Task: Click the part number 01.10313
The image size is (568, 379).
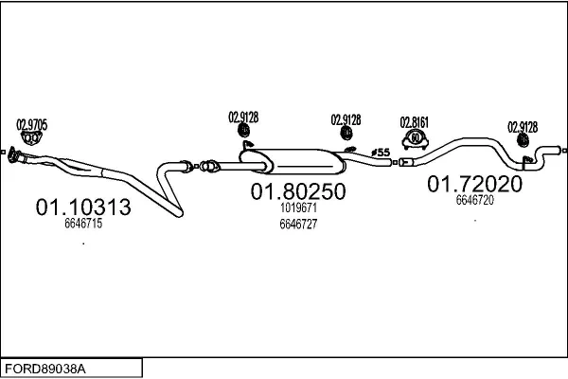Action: point(83,208)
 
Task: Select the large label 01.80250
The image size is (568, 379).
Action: point(298,191)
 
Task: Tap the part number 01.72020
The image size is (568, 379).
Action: point(474,184)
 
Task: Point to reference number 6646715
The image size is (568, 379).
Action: point(83,224)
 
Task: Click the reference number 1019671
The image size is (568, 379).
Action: point(298,208)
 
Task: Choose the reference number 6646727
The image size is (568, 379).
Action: point(298,225)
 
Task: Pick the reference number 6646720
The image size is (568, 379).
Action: point(474,200)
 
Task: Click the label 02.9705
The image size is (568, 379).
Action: point(32,125)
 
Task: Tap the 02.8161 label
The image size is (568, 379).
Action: point(415,122)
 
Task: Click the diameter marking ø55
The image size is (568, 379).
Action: point(381,153)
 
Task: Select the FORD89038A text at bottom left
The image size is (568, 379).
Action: point(45,370)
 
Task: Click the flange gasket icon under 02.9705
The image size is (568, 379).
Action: point(31,138)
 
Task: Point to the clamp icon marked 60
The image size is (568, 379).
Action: point(416,140)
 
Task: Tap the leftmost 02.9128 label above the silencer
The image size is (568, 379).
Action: point(243,117)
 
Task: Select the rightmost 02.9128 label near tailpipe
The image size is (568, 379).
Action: point(523,127)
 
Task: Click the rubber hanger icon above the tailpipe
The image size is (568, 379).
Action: point(523,140)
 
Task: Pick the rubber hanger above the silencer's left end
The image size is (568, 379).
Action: point(244,130)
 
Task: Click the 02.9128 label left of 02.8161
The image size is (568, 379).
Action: point(346,119)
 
